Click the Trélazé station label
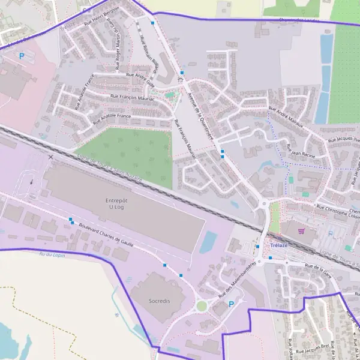[x=280, y=246]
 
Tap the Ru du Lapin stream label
[x=51, y=256]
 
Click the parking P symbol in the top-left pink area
[x=22, y=56]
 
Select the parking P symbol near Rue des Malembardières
[x=232, y=304]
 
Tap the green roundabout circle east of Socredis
[x=202, y=306]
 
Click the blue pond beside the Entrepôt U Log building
[x=208, y=242]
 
